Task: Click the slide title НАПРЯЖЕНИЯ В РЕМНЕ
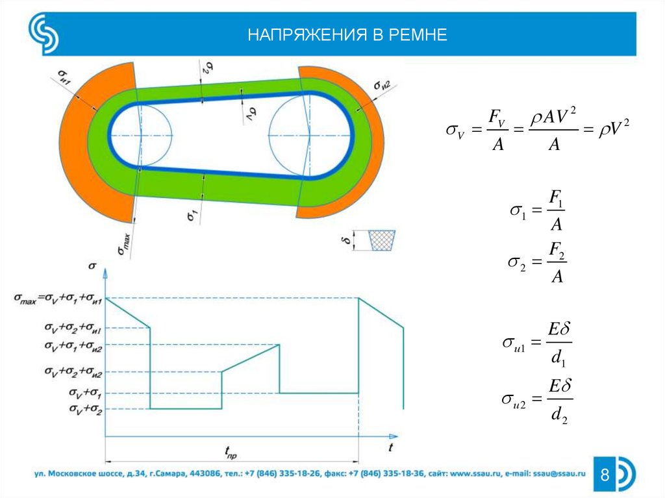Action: pos(347,34)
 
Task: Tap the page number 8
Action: pos(605,476)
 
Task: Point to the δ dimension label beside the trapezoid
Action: pos(348,241)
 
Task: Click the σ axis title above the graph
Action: pos(92,265)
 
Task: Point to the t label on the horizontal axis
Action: pos(390,448)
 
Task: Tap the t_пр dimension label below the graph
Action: pos(231,451)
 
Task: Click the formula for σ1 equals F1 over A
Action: pos(537,210)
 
